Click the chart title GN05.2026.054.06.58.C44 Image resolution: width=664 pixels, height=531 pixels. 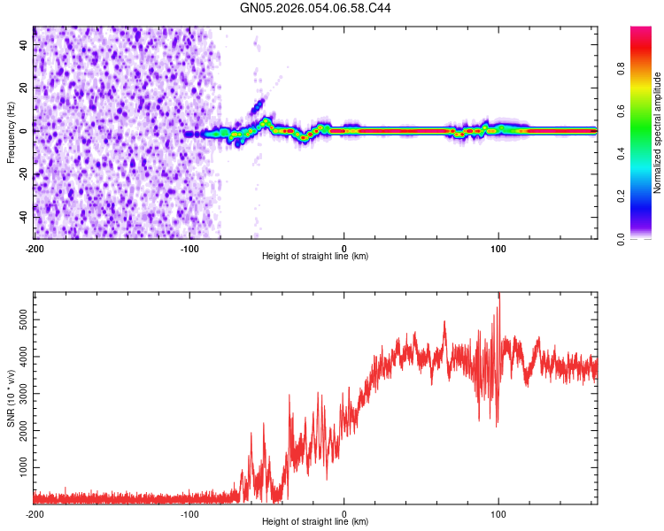coord(316,9)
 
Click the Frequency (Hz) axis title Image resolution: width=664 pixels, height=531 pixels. coord(12,132)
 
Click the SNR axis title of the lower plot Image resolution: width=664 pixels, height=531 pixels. coord(12,398)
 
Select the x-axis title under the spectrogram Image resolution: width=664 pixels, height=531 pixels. coord(315,257)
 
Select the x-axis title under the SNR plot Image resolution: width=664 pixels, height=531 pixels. coord(315,522)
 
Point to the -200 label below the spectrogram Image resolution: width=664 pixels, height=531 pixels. coord(34,247)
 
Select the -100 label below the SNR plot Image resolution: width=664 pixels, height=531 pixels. coord(189,513)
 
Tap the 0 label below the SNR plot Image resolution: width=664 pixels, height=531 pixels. coord(344,513)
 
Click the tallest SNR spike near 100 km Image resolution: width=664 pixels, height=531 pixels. coord(499,295)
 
